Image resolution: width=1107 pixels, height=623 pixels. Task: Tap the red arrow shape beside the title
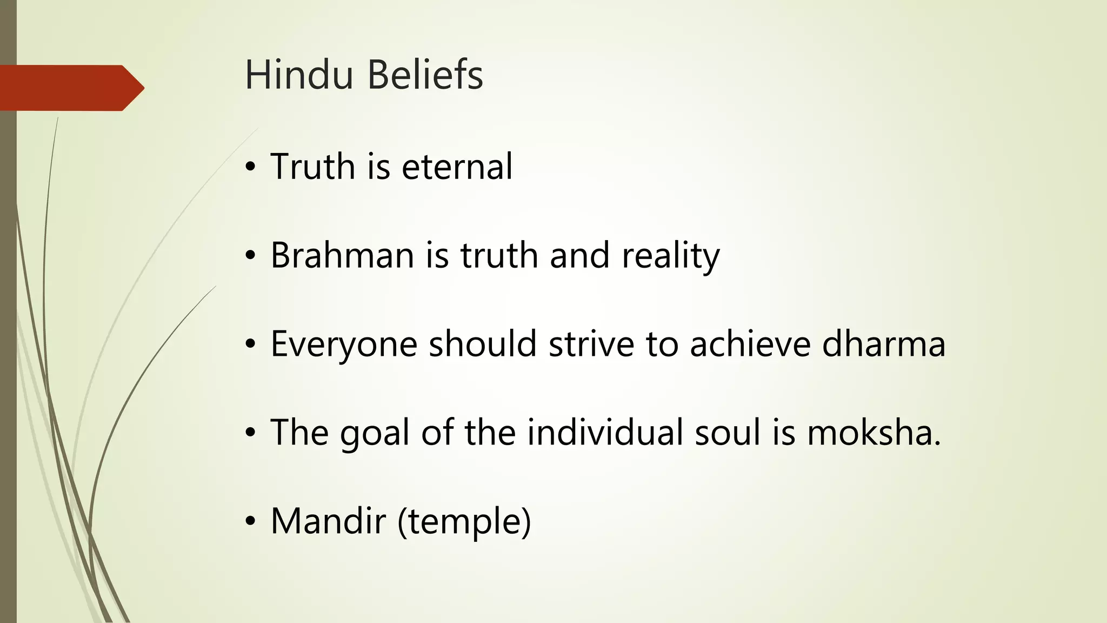tap(70, 88)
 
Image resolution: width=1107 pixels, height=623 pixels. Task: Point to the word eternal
tap(457, 167)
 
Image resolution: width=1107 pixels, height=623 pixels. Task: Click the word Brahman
tap(342, 255)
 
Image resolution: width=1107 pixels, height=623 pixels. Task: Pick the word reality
tap(670, 256)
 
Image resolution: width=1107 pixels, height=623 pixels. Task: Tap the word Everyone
tap(344, 344)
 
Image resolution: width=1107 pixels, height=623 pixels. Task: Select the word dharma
tap(884, 344)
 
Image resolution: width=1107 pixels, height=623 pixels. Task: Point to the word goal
tap(375, 433)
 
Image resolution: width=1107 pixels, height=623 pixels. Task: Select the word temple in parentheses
tap(464, 522)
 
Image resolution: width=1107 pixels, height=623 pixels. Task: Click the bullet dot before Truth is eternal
tap(249, 168)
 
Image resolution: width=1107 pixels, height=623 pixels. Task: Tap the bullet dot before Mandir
tap(249, 522)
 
